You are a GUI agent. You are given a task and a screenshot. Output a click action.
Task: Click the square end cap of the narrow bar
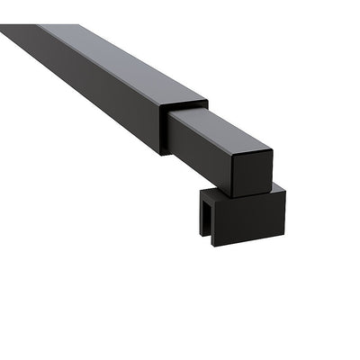tap(249, 174)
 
